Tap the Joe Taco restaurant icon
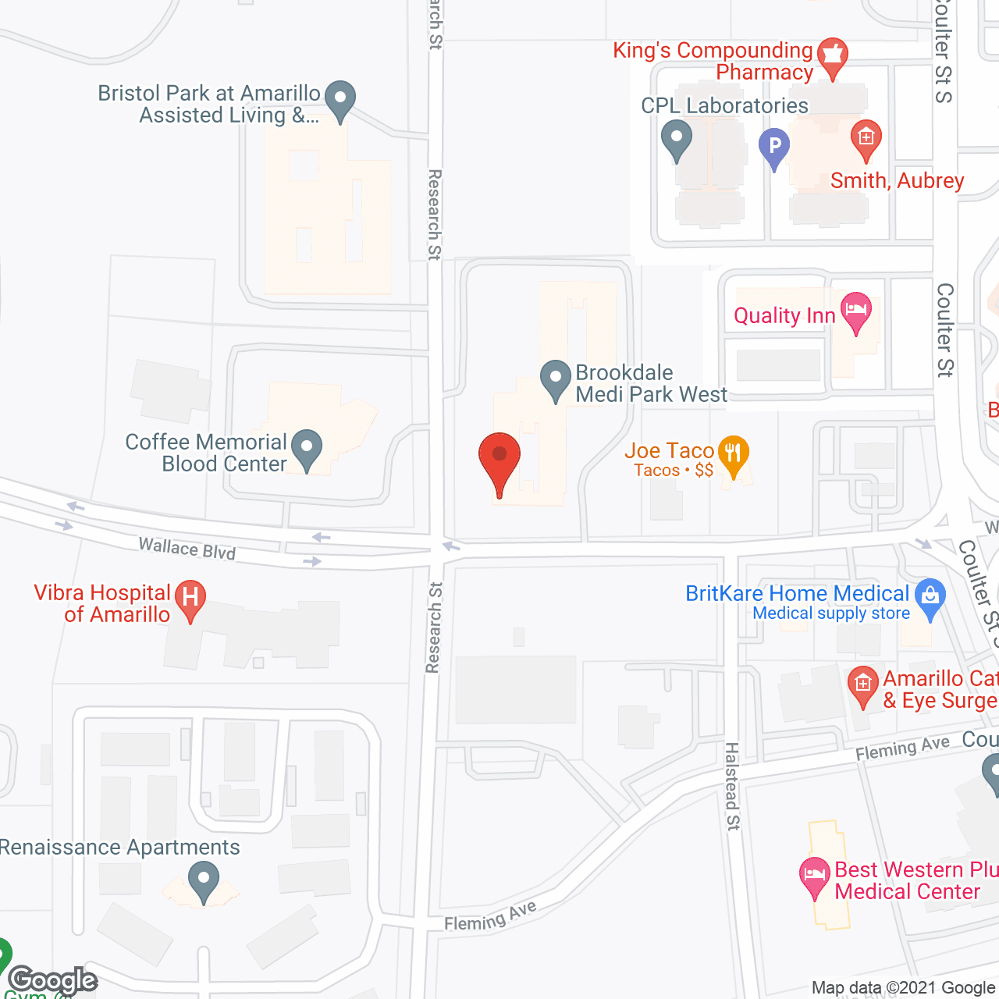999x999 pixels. [x=733, y=453]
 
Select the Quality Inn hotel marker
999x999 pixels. [x=856, y=310]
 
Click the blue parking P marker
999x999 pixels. [x=774, y=146]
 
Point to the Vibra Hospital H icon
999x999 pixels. [x=190, y=599]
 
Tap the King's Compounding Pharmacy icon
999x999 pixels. [x=833, y=55]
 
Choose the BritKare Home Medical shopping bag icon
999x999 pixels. [x=930, y=596]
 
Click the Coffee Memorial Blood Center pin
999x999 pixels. [x=307, y=449]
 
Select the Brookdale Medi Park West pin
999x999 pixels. [x=555, y=378]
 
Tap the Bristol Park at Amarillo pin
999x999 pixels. [x=340, y=99]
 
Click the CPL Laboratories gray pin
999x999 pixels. [x=677, y=138]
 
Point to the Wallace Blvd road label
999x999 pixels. [x=187, y=549]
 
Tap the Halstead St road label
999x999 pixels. [x=732, y=786]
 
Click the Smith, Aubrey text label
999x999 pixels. [x=897, y=181]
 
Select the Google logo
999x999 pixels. [x=53, y=979]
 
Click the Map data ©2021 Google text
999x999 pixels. [x=904, y=988]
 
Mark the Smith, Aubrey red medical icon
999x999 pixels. [x=866, y=138]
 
